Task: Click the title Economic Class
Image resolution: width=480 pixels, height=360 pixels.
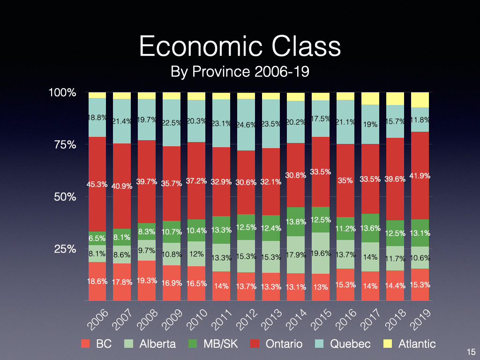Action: tap(240, 47)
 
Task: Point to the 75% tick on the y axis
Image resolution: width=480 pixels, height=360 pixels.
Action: tap(64, 144)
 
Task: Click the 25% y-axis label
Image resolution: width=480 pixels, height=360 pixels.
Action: tap(64, 248)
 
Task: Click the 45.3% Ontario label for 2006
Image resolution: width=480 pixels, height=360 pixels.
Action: tap(97, 185)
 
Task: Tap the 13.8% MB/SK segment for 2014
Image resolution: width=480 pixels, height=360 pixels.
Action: tap(295, 221)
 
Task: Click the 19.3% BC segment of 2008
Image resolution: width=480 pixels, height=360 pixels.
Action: tap(147, 281)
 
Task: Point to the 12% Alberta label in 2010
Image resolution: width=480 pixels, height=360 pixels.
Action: tap(196, 254)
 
